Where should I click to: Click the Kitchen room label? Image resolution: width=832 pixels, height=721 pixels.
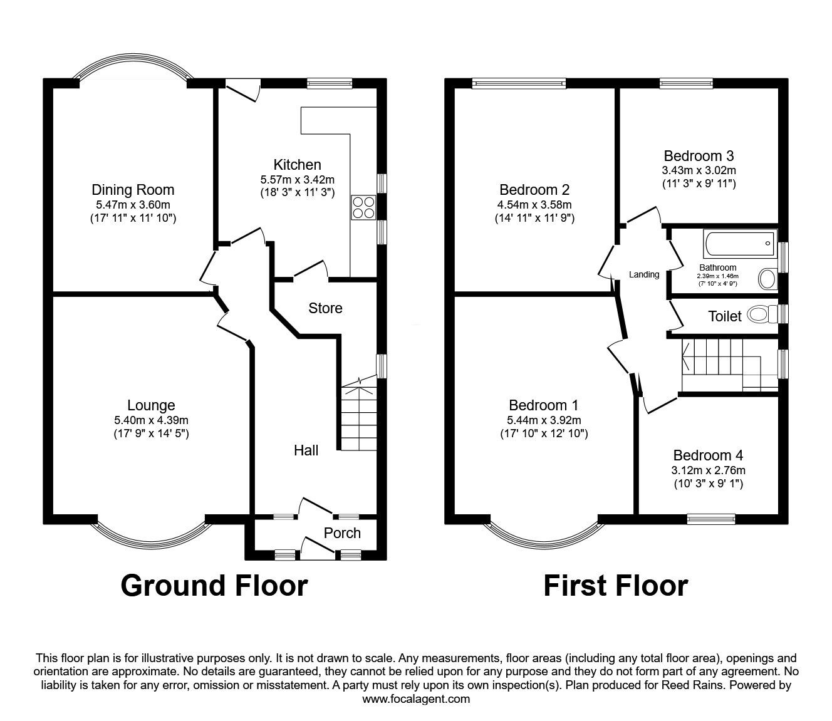pyautogui.click(x=297, y=165)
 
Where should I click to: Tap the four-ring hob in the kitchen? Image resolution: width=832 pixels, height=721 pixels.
pyautogui.click(x=364, y=207)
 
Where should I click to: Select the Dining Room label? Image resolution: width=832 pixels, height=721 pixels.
pyautogui.click(x=133, y=190)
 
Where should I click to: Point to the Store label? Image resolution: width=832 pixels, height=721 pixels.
pyautogui.click(x=325, y=308)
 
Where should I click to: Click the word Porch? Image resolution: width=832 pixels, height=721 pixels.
pyautogui.click(x=342, y=533)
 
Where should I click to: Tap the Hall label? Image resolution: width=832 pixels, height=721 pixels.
pyautogui.click(x=306, y=450)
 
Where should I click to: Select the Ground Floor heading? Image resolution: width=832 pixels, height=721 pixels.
pyautogui.click(x=214, y=586)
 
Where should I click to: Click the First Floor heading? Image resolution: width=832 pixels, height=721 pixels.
pyautogui.click(x=615, y=586)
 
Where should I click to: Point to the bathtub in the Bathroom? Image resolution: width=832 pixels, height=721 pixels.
pyautogui.click(x=740, y=243)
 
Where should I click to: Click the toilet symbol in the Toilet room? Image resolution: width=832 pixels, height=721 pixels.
pyautogui.click(x=758, y=314)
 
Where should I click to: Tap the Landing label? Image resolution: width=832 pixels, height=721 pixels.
pyautogui.click(x=644, y=274)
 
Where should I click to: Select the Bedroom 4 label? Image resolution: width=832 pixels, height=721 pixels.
pyautogui.click(x=708, y=455)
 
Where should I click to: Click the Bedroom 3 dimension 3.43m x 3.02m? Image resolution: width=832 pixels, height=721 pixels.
pyautogui.click(x=699, y=170)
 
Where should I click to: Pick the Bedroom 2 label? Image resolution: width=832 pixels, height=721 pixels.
pyautogui.click(x=534, y=190)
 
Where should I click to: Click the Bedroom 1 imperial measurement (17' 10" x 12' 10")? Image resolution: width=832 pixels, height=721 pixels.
pyautogui.click(x=543, y=433)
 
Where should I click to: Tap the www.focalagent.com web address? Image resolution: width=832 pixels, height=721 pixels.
pyautogui.click(x=416, y=699)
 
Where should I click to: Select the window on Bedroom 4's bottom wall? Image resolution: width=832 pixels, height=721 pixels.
pyautogui.click(x=710, y=518)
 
